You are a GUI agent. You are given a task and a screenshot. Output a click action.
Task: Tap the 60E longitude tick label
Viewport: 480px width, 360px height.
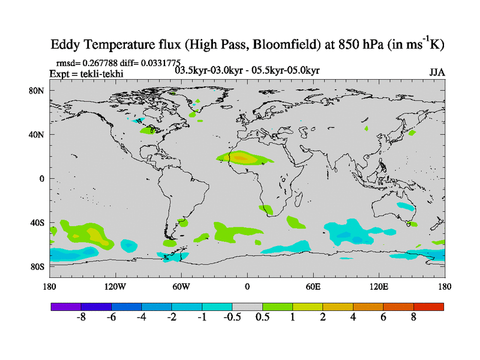[x=313, y=286]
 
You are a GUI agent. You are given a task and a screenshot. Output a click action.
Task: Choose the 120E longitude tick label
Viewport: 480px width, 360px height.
[x=379, y=286]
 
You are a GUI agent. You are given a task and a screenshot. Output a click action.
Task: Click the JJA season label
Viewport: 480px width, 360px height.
[x=437, y=72]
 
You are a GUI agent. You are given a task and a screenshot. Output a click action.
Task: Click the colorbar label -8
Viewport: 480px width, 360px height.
[x=82, y=317]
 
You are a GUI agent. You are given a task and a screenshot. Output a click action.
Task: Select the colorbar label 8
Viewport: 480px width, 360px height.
[x=413, y=317]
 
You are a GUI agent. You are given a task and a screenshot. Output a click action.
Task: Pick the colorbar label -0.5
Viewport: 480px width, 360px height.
[x=232, y=317]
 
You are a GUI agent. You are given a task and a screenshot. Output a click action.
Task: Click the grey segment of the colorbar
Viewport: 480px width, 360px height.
[x=247, y=307]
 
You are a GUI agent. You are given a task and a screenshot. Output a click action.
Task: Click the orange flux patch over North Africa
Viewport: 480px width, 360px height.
[x=240, y=158]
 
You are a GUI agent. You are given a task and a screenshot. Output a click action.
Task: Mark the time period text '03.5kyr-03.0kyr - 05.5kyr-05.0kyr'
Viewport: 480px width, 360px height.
[x=247, y=71]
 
